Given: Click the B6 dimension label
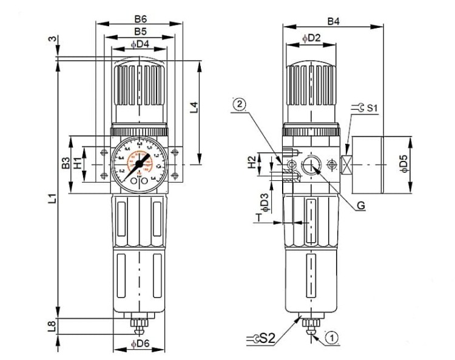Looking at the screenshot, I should click(x=140, y=18).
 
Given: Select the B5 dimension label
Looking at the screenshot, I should click(x=140, y=31).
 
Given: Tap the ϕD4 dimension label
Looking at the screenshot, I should click(x=140, y=43).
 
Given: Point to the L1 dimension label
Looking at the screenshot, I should click(x=53, y=198).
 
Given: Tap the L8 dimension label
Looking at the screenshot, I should click(x=53, y=326).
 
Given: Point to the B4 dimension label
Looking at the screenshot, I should click(x=333, y=21).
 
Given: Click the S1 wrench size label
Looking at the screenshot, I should click(x=370, y=109).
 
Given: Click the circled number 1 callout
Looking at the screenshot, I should click(x=331, y=336).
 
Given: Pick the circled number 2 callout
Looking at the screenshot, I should click(x=240, y=104).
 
